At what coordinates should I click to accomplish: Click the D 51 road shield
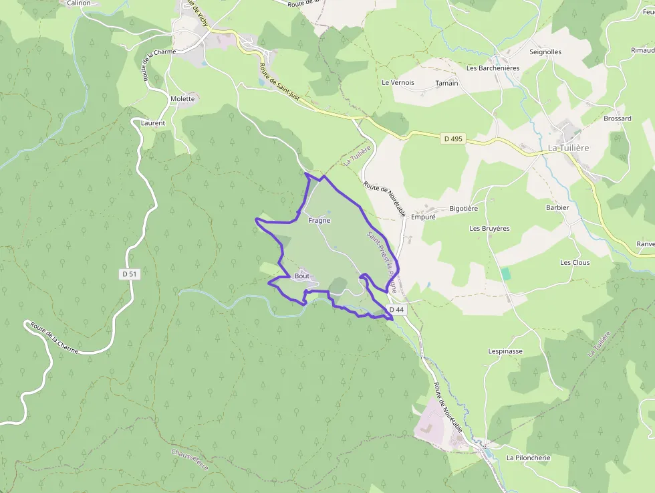[130, 274]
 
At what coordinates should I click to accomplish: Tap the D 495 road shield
[453, 139]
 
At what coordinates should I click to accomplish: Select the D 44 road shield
[397, 309]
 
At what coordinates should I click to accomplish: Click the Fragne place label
[319, 220]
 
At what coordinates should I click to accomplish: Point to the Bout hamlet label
[302, 276]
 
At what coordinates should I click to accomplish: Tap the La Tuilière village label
[568, 148]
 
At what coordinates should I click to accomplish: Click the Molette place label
[182, 99]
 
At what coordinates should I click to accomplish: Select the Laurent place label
[153, 123]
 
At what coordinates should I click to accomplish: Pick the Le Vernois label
[398, 83]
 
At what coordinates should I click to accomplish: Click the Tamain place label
[446, 83]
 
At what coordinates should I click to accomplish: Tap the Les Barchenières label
[493, 68]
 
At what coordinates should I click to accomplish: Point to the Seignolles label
[545, 52]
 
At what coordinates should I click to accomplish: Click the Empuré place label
[423, 217]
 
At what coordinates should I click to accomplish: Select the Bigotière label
[464, 209]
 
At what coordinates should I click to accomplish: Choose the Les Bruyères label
[489, 229]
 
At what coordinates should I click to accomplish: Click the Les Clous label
[575, 263]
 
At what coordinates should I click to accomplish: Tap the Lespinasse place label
[505, 351]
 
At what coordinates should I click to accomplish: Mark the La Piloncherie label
[528, 458]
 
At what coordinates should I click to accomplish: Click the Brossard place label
[617, 118]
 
